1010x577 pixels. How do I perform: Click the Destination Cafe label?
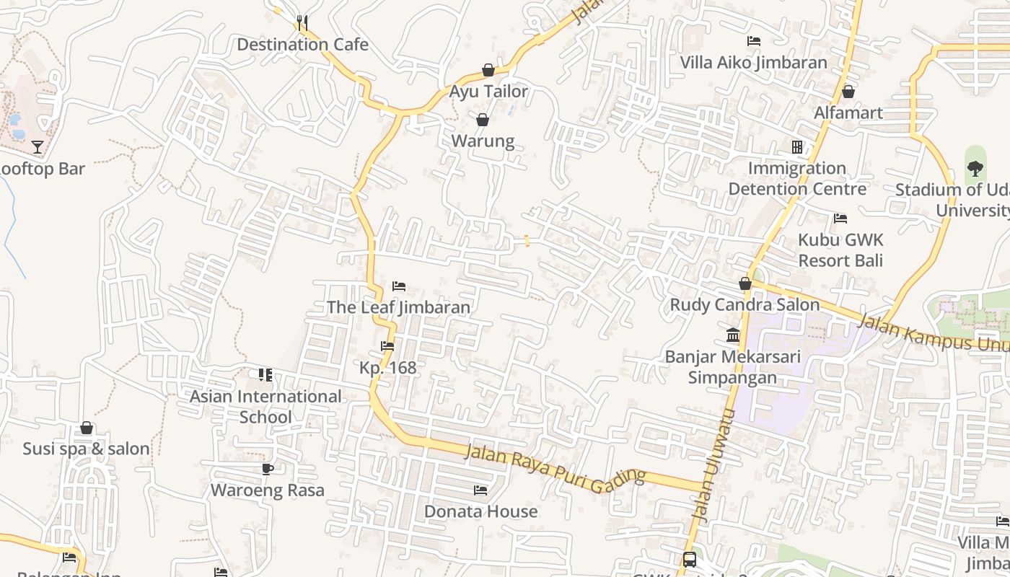302,45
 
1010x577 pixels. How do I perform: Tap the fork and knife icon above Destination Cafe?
302,22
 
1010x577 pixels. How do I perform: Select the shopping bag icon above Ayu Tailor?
488,70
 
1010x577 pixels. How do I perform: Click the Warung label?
483,141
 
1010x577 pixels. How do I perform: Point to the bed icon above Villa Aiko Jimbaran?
754,41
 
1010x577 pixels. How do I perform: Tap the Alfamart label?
848,113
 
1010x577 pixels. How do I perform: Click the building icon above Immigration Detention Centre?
797,147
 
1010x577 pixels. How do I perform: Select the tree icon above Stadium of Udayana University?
975,169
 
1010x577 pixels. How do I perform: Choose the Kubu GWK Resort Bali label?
840,250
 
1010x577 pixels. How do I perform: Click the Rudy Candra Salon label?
745,305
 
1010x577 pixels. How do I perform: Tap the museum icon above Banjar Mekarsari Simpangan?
733,335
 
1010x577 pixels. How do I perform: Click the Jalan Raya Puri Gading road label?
554,469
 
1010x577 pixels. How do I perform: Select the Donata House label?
480,511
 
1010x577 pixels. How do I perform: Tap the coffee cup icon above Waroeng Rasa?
267,470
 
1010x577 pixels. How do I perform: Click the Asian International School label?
265,407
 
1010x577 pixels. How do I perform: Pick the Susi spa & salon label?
86,449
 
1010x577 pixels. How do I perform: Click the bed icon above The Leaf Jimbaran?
399,286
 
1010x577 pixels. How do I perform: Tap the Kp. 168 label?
388,368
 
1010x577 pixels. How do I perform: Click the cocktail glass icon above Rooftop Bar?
38,148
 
